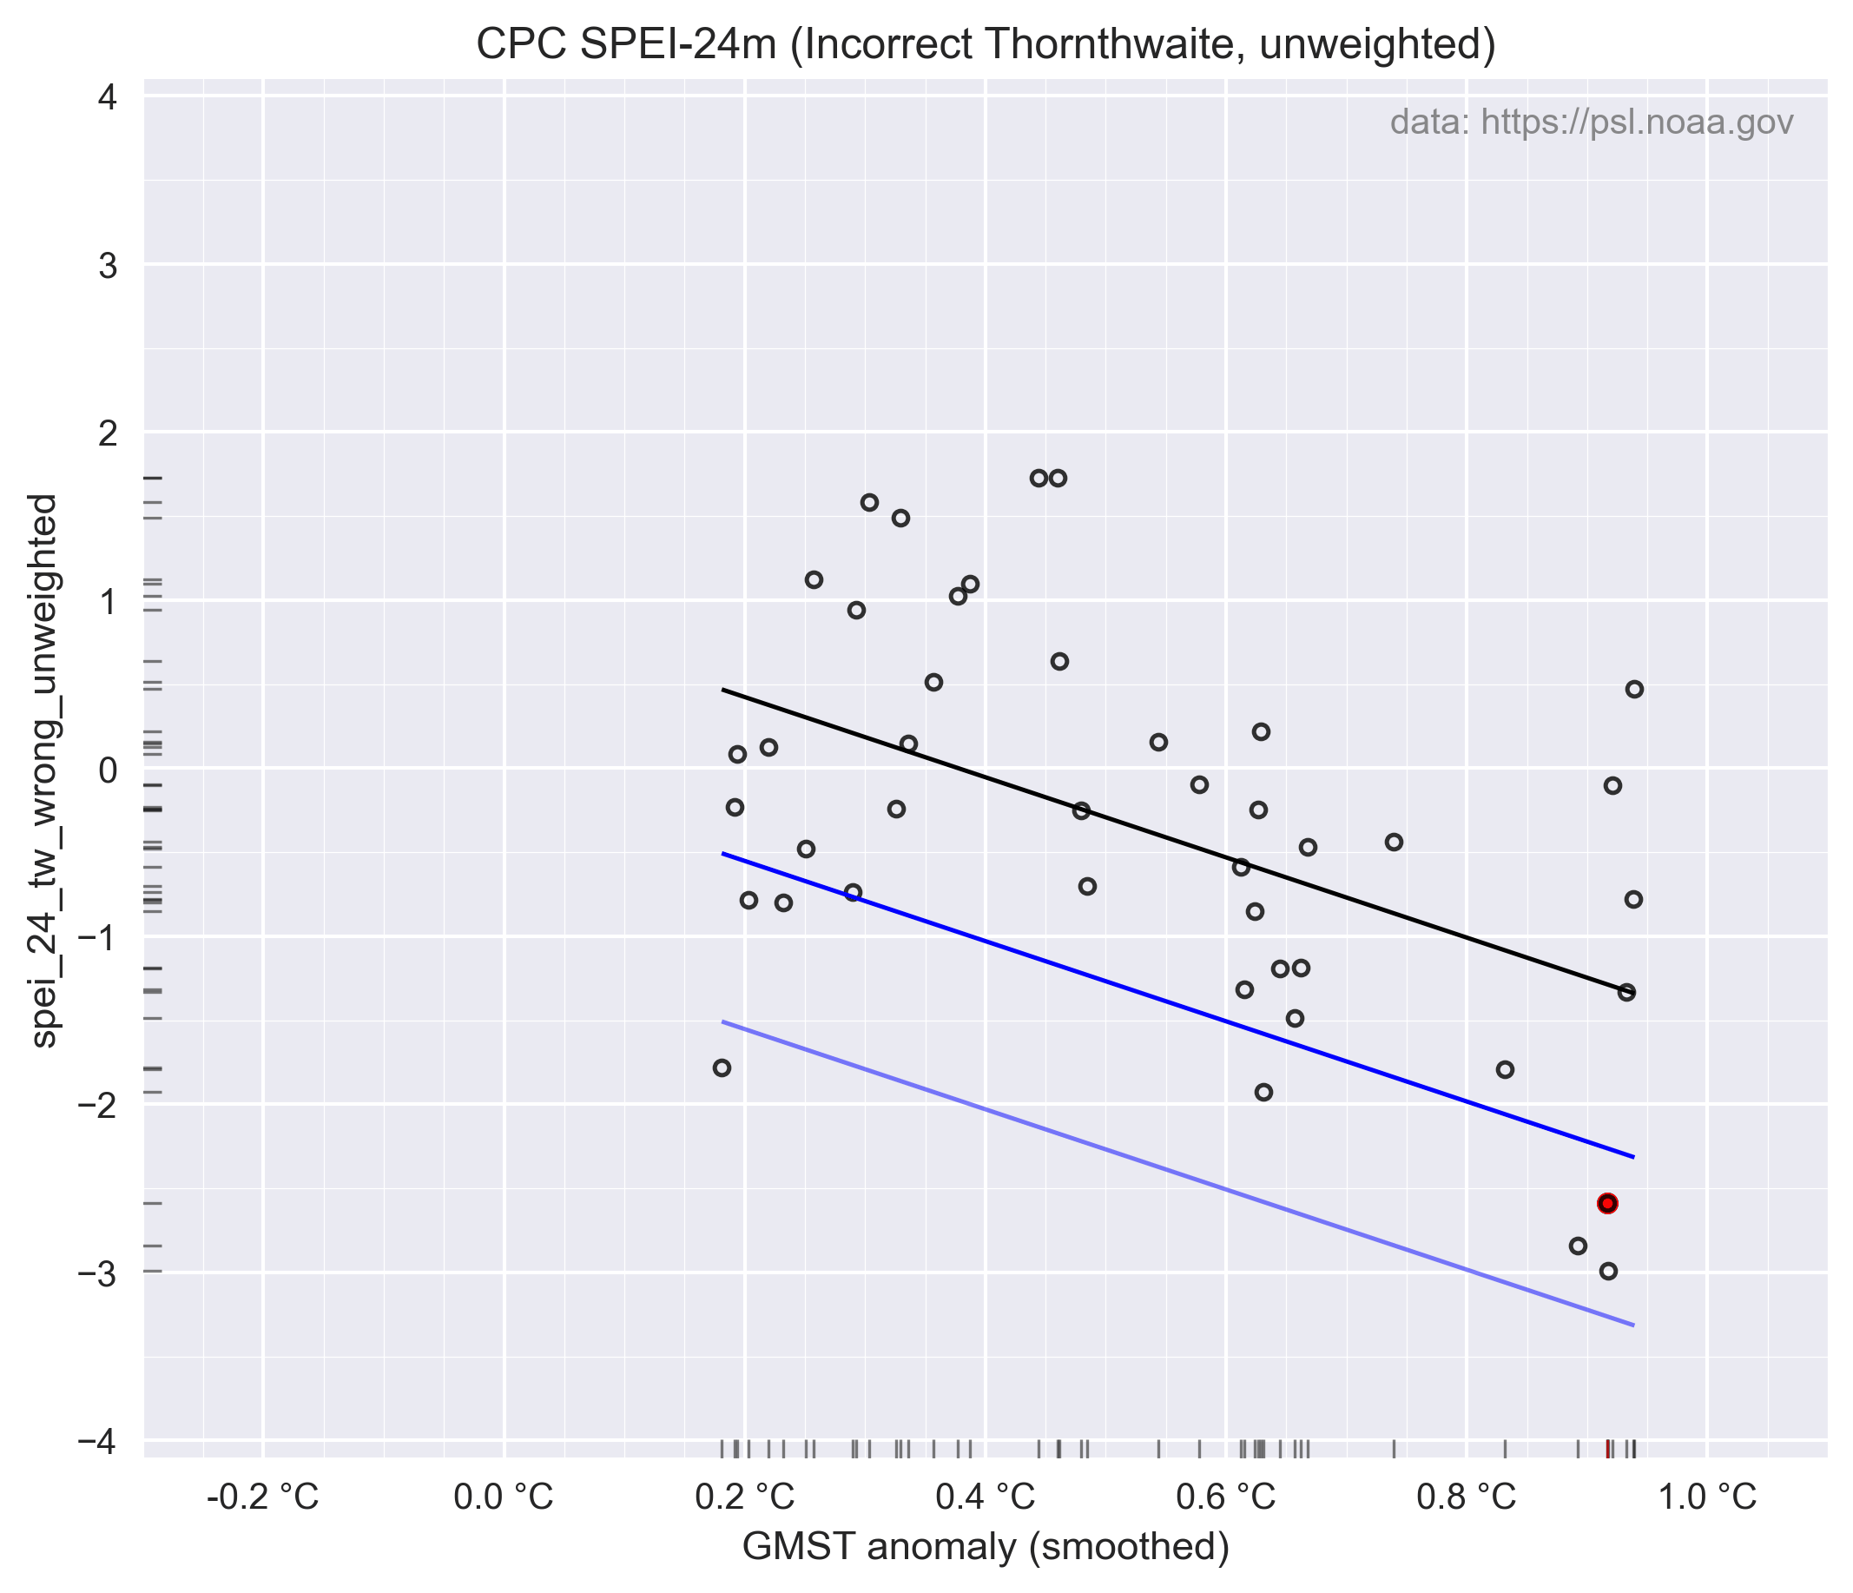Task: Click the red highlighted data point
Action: point(1607,1203)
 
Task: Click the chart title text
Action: point(986,44)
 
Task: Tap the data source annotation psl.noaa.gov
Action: point(1591,122)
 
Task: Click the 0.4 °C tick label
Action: point(986,1497)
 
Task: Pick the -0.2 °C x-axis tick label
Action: point(263,1497)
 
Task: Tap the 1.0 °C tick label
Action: point(1707,1497)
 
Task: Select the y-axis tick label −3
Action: point(100,1273)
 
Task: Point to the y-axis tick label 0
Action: point(108,770)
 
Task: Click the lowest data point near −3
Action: point(1608,1271)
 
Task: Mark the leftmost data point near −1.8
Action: point(722,1068)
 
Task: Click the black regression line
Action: point(1163,836)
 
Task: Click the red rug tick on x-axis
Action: point(1607,1449)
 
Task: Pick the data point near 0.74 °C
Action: point(1394,842)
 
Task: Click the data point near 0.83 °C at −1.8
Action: point(1505,1070)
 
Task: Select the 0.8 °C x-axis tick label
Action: point(1467,1497)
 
